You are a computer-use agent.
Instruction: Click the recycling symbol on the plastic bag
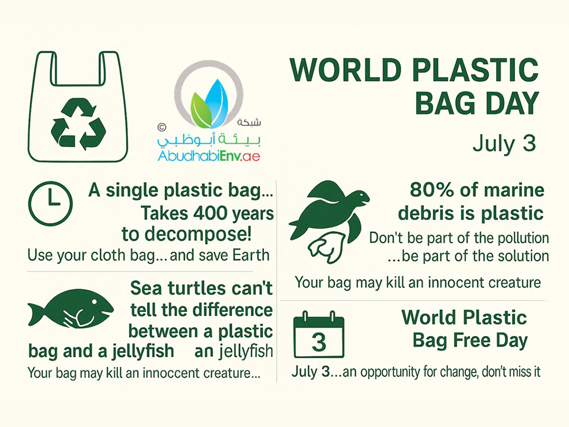click(x=78, y=124)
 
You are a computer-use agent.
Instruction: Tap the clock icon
click(x=50, y=204)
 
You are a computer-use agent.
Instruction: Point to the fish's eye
click(x=95, y=302)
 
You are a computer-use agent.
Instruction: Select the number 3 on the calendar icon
click(x=319, y=342)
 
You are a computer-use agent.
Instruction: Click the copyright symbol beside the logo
click(x=162, y=127)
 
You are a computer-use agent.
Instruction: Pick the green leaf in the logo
click(x=201, y=111)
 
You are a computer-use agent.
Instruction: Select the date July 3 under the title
click(x=504, y=144)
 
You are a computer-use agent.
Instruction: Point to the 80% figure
click(x=431, y=190)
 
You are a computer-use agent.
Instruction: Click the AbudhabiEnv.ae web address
click(x=209, y=156)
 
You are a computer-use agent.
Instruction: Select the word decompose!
click(x=186, y=234)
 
